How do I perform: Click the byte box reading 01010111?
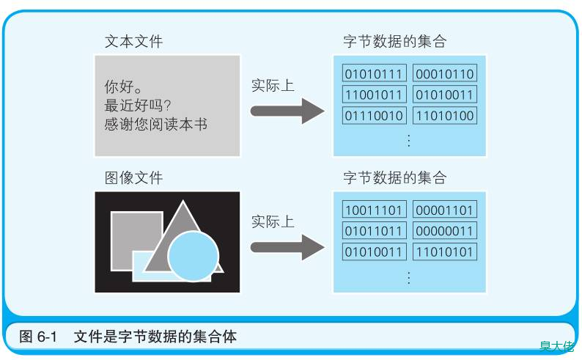(x=374, y=73)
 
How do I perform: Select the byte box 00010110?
(x=445, y=73)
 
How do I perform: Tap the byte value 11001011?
(x=374, y=95)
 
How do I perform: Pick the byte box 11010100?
(x=445, y=115)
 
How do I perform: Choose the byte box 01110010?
(x=374, y=115)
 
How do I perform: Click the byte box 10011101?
(x=374, y=210)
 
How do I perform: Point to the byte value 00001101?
(x=445, y=210)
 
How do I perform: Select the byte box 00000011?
(x=445, y=231)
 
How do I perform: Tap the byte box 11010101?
(x=445, y=251)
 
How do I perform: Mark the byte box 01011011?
(x=374, y=231)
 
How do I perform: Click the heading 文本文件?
(x=133, y=41)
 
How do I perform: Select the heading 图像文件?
(x=133, y=177)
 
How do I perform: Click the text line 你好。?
(x=123, y=87)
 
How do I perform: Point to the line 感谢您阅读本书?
(x=156, y=124)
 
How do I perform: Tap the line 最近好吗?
(x=138, y=106)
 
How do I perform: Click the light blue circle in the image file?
(x=193, y=256)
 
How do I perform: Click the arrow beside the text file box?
(x=287, y=111)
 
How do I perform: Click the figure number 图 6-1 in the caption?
(x=38, y=337)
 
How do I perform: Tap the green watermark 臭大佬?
(x=557, y=346)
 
